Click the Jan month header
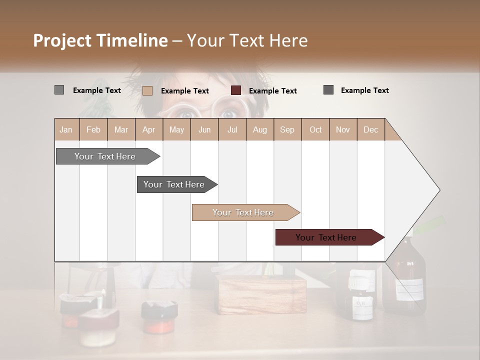(x=66, y=129)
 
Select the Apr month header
(x=148, y=129)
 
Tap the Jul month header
(x=232, y=129)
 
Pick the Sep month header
(x=287, y=129)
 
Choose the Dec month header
(x=370, y=129)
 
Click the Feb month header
(x=93, y=129)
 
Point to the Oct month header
(x=315, y=129)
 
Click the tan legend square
(x=147, y=90)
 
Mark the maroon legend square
(x=236, y=90)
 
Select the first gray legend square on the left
(x=59, y=90)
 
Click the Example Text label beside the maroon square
(x=273, y=90)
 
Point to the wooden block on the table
(x=262, y=295)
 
